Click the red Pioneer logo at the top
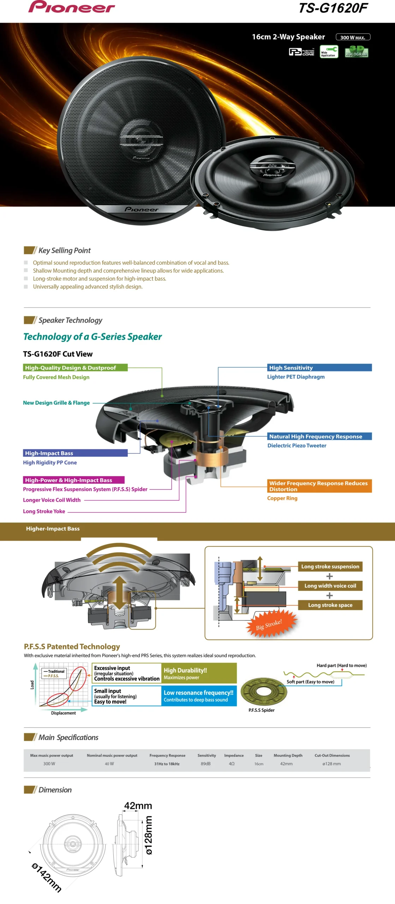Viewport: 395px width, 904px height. point(72,7)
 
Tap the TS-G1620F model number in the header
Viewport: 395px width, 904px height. point(333,8)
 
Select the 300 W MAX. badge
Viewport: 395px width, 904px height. point(353,37)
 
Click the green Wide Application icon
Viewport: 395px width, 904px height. point(329,52)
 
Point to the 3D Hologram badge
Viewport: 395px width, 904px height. point(356,52)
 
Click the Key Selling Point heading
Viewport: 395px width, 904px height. point(64,250)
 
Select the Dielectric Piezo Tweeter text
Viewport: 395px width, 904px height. point(297,446)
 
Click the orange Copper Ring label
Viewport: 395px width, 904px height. point(282,498)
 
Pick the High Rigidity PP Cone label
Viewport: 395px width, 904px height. point(50,463)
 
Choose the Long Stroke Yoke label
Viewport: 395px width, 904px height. point(44,511)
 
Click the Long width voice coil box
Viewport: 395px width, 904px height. point(330,586)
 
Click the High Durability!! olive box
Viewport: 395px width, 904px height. point(199,673)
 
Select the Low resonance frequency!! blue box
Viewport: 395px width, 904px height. point(199,696)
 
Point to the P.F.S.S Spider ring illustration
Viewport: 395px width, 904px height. point(263,691)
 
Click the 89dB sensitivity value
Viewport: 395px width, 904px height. point(205,764)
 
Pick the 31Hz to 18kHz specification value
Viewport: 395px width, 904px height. point(167,764)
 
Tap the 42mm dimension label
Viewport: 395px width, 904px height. point(138,805)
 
